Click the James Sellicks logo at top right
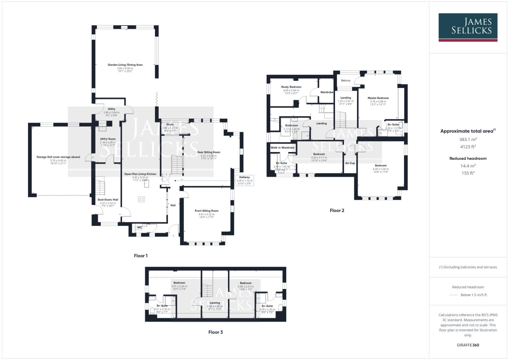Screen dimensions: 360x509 point(468,27)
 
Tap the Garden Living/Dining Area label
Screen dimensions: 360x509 point(125,65)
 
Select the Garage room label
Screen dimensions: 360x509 point(58,157)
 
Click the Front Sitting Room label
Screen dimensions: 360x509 point(207,211)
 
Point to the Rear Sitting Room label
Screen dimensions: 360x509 point(209,152)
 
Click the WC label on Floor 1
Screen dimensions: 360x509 point(140,228)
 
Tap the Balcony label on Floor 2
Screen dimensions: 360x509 point(346,80)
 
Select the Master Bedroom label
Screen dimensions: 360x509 point(378,98)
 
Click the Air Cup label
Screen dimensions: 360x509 point(350,163)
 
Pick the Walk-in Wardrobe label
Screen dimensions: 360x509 point(282,147)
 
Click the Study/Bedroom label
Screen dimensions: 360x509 point(291,87)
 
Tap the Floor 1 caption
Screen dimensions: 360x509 point(141,256)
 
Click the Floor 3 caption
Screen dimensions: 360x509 point(215,332)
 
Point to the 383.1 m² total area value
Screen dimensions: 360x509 point(468,139)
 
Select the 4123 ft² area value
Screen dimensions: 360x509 point(468,146)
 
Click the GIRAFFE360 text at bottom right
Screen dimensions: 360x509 point(468,345)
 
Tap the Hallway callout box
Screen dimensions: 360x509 point(244,180)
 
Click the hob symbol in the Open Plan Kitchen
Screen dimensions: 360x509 point(141,199)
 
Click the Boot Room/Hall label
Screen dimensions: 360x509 point(108,200)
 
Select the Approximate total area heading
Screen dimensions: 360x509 point(468,131)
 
